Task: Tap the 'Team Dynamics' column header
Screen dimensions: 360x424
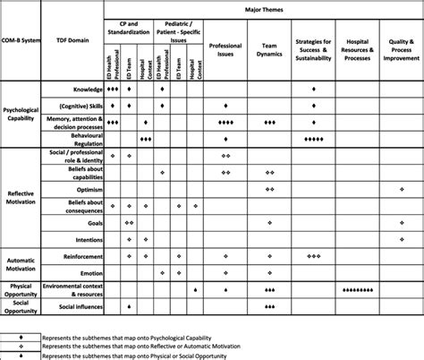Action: click(x=269, y=49)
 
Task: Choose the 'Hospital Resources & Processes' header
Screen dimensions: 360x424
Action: click(x=357, y=49)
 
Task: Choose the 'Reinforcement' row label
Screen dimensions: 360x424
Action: click(x=79, y=255)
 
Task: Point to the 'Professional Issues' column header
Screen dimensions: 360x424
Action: click(x=225, y=49)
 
